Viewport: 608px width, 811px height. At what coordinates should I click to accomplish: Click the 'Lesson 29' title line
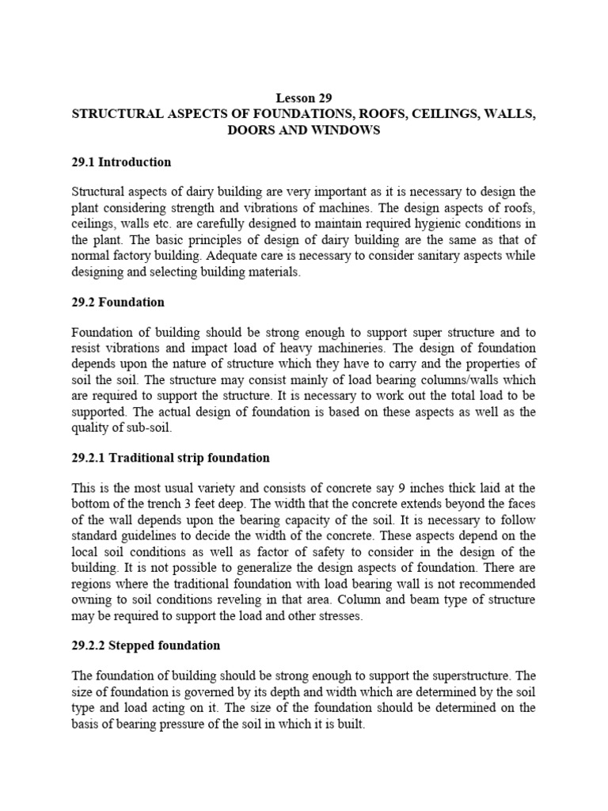pos(304,98)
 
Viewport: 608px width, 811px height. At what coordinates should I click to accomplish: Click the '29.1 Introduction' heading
pos(121,162)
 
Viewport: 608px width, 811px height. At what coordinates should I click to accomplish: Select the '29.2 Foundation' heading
pos(118,303)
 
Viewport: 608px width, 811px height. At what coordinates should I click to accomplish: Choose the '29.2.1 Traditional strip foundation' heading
pos(170,458)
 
